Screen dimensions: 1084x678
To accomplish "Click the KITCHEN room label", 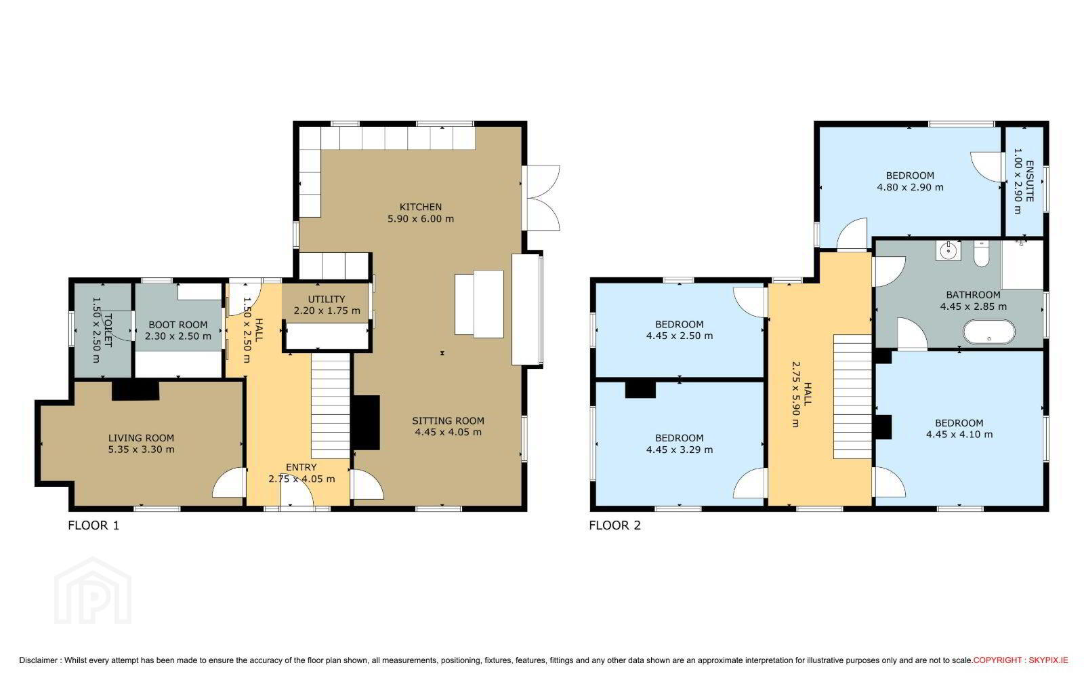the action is [421, 207].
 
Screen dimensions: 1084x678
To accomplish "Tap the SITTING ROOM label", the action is [448, 421].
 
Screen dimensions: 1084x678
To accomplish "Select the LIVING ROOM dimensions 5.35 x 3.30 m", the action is [142, 450].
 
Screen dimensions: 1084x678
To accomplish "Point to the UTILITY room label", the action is [327, 299].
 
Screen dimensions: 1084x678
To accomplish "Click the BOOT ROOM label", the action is [178, 325].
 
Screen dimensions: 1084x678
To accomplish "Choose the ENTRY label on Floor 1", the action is [301, 467].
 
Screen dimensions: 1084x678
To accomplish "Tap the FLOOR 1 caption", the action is [93, 525].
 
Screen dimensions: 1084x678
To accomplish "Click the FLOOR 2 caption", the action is [614, 525].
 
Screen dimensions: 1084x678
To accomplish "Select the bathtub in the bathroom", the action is [989, 332].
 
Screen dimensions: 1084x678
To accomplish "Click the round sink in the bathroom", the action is [948, 251].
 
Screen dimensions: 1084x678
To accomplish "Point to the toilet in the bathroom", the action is [982, 254].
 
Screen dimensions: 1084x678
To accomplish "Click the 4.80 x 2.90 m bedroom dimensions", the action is [911, 187].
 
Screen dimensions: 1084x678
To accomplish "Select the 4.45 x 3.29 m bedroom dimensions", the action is [680, 450].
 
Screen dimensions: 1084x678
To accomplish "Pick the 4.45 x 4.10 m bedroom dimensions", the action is [959, 435].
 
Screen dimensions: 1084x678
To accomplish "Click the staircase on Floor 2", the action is [852, 397].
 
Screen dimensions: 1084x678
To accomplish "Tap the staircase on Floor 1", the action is [331, 406].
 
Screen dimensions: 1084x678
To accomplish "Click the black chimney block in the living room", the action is [135, 391].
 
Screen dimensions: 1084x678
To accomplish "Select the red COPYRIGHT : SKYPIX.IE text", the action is [1020, 660].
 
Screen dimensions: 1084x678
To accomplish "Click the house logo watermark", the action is [92, 591].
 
